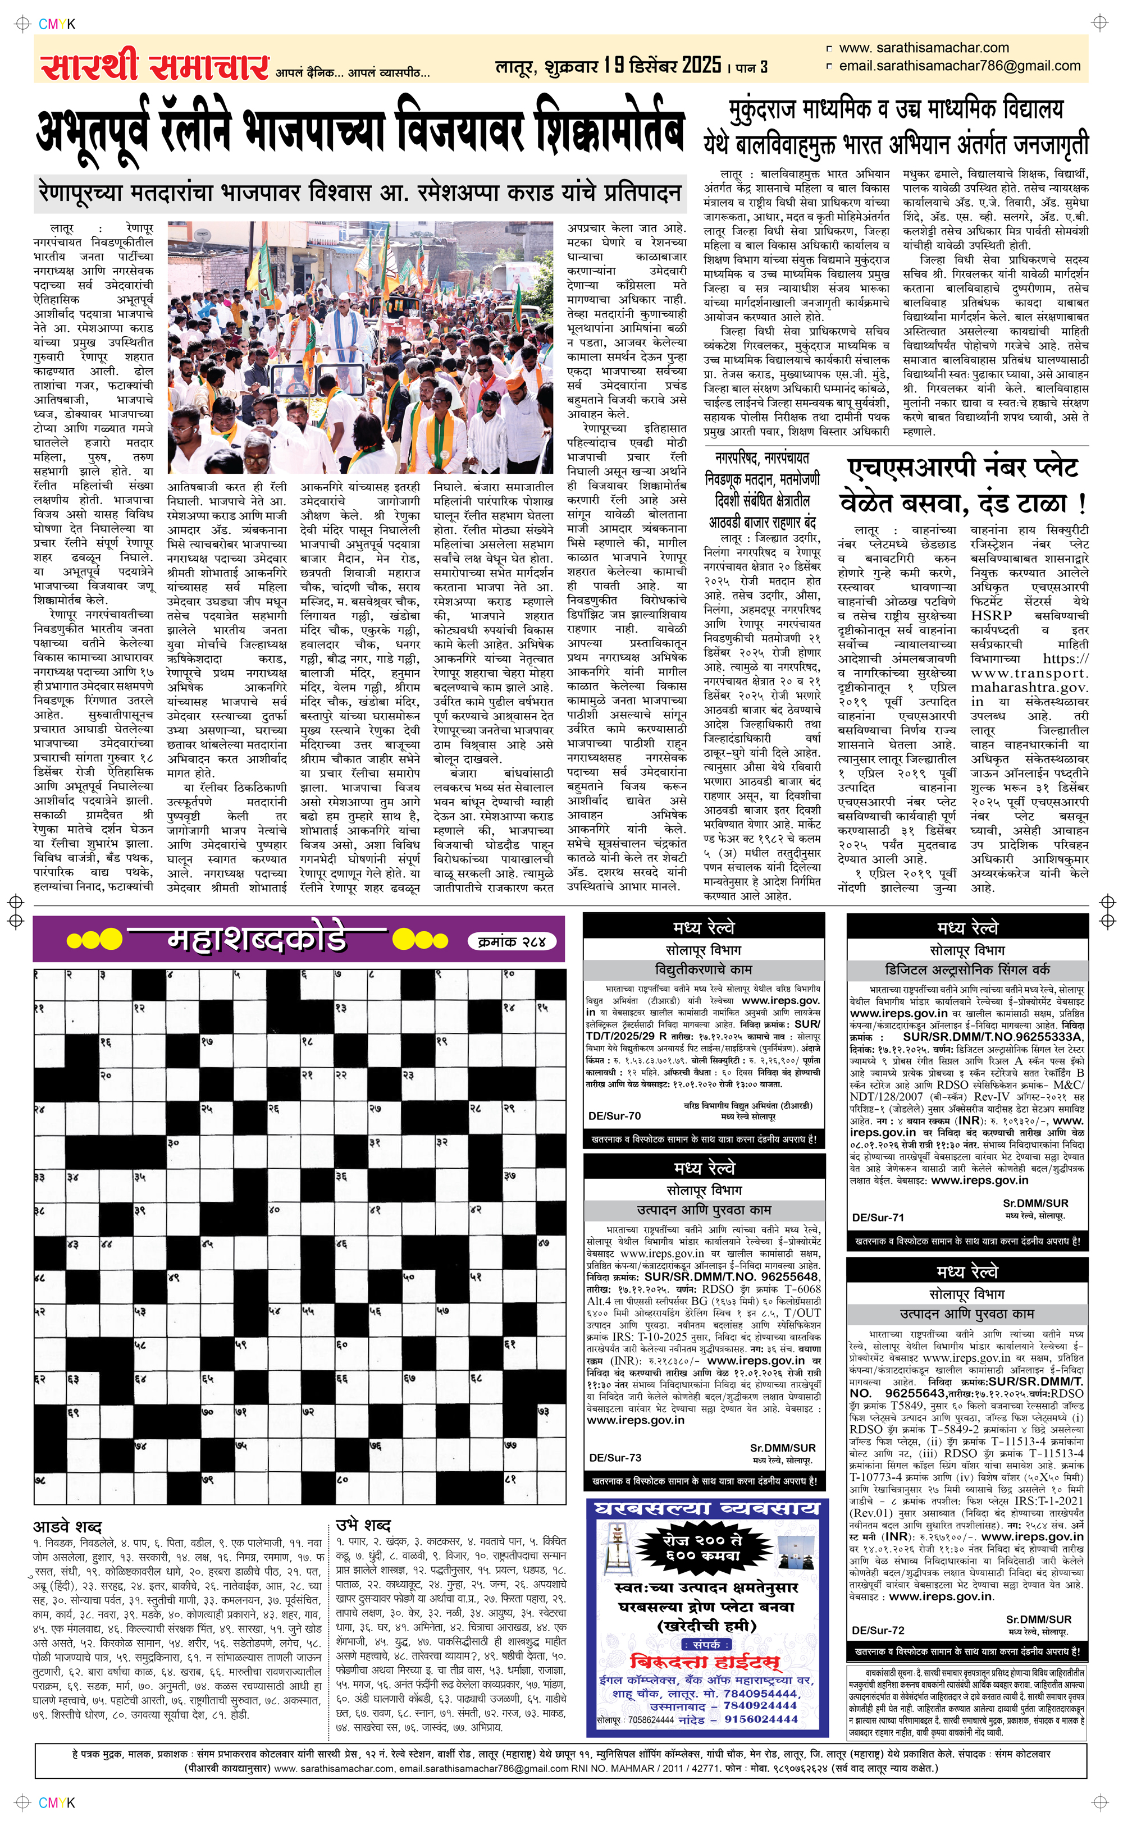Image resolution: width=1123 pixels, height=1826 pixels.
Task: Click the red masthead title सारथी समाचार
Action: [154, 65]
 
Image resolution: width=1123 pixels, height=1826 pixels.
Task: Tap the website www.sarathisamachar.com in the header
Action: [923, 48]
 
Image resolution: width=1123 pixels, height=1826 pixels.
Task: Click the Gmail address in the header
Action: [959, 66]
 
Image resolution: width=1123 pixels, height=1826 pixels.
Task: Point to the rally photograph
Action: [360, 347]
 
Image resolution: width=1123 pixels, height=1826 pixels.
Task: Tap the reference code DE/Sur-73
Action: [615, 1458]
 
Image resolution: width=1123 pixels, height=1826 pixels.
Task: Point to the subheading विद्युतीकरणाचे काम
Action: [704, 969]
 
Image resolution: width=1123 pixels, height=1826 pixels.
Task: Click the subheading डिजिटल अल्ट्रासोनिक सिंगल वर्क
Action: [967, 969]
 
